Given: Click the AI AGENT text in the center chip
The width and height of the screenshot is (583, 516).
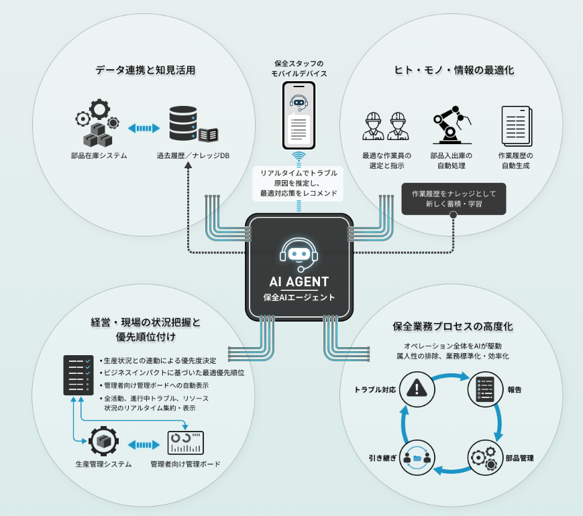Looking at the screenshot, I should click(299, 282).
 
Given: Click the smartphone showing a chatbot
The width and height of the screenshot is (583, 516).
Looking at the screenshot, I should click(299, 116).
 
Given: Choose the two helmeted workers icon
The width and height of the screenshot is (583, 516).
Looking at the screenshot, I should click(384, 125).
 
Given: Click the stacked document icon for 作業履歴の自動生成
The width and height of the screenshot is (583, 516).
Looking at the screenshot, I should click(515, 125).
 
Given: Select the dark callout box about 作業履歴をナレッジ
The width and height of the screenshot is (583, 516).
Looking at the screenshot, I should click(452, 198).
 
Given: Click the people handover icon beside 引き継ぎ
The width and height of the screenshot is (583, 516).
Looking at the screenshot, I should click(417, 458).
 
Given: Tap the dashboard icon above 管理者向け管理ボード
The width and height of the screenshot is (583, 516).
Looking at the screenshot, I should click(185, 442).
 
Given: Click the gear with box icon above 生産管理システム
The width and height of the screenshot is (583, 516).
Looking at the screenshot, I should click(103, 442).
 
